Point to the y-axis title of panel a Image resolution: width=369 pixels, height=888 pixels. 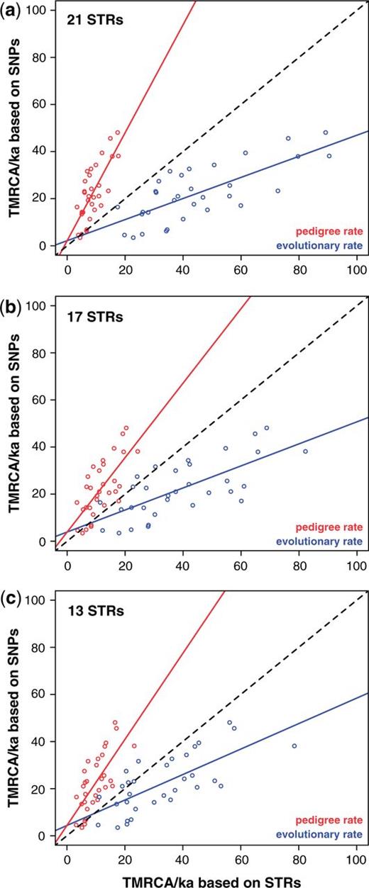click(x=13, y=133)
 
